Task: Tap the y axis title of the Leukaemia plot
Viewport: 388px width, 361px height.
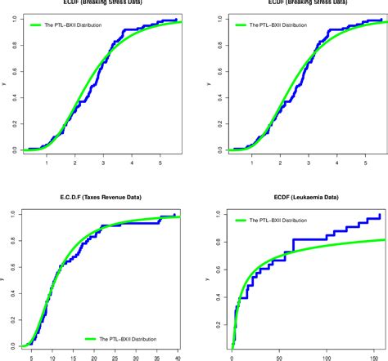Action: click(208, 279)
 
